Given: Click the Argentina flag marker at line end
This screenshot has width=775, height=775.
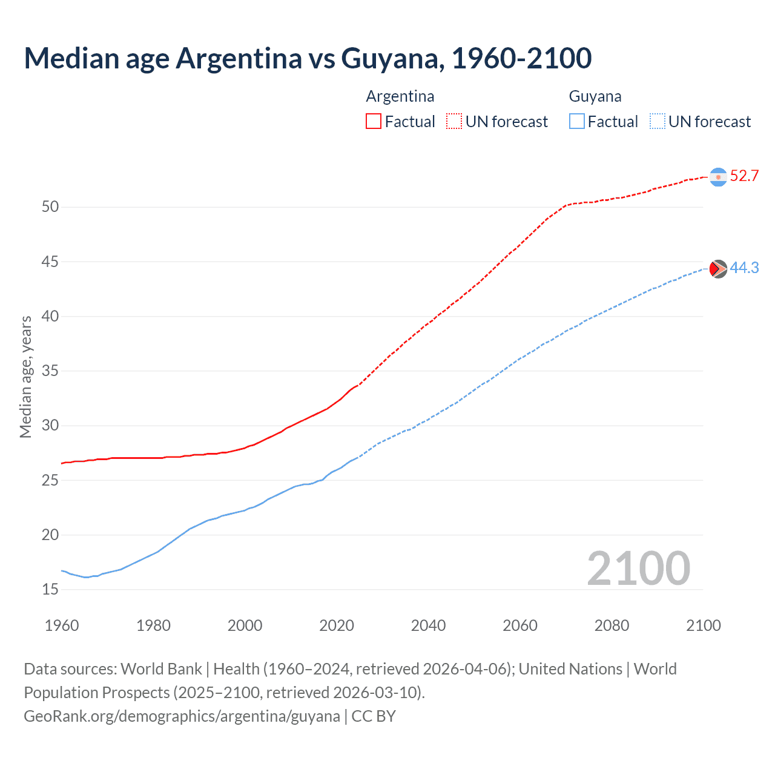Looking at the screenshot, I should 718,177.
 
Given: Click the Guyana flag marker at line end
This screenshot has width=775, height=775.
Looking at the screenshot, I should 718,269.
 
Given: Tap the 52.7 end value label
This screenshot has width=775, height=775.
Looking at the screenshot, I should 744,176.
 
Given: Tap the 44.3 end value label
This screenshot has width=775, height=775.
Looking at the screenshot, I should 744,268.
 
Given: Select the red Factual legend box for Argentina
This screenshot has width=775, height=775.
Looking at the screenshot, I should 374,121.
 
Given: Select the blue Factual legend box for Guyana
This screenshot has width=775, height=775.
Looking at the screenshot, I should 577,121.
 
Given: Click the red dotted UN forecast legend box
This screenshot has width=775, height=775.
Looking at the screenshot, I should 454,121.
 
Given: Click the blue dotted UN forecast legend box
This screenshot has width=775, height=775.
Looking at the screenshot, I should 658,121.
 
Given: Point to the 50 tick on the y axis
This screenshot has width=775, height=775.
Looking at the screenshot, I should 50,207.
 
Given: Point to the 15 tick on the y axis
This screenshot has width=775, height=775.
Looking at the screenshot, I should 50,589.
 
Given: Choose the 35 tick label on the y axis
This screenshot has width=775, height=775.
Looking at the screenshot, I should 50,371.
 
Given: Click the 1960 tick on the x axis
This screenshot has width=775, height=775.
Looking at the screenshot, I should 62,625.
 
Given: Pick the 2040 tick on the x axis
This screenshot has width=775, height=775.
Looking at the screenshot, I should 428,625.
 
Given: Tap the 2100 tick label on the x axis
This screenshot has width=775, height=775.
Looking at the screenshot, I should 703,625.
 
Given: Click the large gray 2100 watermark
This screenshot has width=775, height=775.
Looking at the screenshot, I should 638,568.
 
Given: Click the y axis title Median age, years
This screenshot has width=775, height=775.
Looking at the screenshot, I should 25,377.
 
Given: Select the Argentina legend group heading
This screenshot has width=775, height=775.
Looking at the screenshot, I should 400,96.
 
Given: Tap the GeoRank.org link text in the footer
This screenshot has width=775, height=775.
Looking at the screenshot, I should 182,716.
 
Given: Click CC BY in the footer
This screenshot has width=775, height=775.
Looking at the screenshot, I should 374,716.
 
